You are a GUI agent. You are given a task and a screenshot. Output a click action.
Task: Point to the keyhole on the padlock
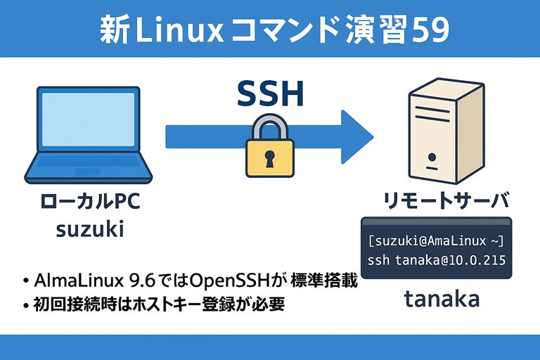(269, 160)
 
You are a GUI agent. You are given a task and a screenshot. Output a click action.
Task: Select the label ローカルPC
(91, 202)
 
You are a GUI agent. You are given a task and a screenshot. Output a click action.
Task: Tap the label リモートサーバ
(445, 202)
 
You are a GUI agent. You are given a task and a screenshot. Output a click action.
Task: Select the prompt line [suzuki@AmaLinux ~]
(436, 241)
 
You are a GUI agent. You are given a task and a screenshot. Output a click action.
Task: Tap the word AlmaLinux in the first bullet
(75, 281)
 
